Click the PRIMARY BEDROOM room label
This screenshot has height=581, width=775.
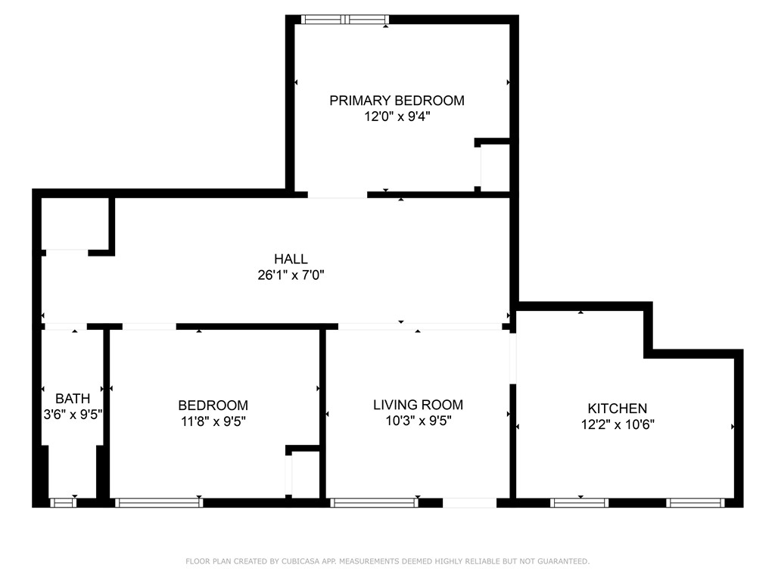[397, 100]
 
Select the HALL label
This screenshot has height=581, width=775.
[291, 259]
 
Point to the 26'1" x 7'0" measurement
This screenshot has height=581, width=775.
[291, 275]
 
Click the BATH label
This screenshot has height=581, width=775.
[73, 398]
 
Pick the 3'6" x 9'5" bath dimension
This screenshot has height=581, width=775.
[73, 414]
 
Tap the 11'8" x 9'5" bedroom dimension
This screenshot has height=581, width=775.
[213, 421]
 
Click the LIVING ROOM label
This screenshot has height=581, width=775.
[418, 405]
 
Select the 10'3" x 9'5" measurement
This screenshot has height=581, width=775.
[418, 421]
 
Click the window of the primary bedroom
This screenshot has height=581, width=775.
[345, 20]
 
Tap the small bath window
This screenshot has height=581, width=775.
[64, 502]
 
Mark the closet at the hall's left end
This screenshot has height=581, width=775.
[76, 224]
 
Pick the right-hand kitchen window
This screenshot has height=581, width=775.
[696, 502]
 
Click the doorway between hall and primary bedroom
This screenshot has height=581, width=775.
[338, 195]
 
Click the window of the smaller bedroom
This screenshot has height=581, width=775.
[159, 502]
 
